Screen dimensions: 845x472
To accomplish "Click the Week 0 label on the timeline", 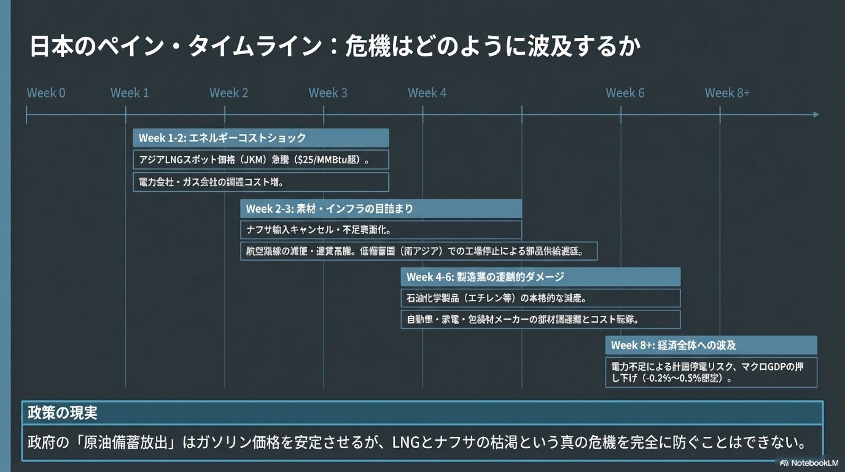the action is [x=46, y=93].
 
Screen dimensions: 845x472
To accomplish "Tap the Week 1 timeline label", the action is [x=129, y=93].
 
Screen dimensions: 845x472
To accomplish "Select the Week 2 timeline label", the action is [x=228, y=93].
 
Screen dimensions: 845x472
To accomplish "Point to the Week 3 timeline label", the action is [x=327, y=93].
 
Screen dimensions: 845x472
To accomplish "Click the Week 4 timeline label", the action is [x=426, y=93].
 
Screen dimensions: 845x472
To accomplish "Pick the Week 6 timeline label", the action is [x=625, y=93].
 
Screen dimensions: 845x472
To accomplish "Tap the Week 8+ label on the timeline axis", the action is [x=727, y=93].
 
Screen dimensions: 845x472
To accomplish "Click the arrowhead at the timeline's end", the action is [x=816, y=114].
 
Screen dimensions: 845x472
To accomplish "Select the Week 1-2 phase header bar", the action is [x=261, y=138].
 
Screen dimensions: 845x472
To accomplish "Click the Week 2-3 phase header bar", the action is [x=381, y=209].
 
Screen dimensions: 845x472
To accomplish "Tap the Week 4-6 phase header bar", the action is [x=540, y=277].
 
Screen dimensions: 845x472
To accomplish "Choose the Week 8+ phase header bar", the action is [x=711, y=345].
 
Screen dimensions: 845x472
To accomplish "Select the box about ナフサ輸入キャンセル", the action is [x=381, y=230].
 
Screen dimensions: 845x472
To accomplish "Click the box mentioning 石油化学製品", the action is [x=540, y=298].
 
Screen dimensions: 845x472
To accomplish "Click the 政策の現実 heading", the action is [x=62, y=413].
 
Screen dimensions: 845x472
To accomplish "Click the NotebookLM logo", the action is [x=809, y=463].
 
